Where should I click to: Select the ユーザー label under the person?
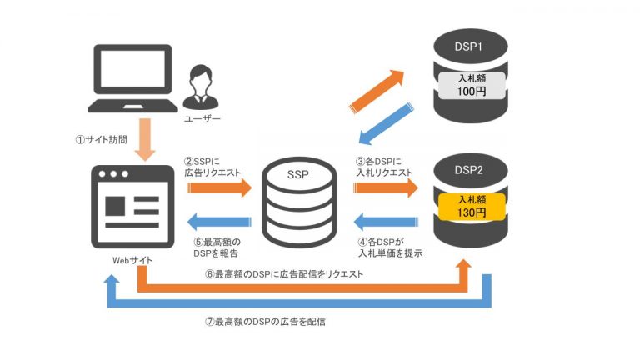(202, 119)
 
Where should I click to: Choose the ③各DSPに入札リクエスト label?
(384, 166)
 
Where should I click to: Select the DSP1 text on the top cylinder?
(469, 47)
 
